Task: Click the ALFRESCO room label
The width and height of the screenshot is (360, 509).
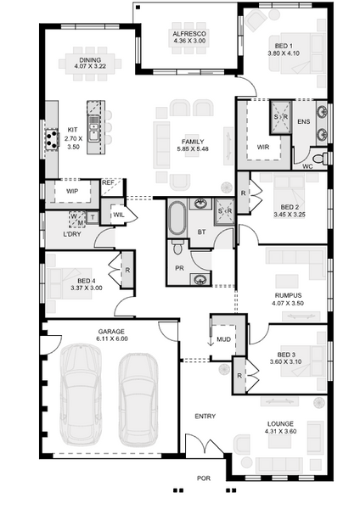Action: click(x=189, y=34)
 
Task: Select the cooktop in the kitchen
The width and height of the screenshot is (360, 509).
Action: click(x=52, y=139)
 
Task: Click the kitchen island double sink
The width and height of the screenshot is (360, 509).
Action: click(x=94, y=128)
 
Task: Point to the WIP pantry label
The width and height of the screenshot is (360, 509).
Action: click(x=72, y=191)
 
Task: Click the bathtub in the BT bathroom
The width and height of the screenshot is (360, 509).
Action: click(x=177, y=219)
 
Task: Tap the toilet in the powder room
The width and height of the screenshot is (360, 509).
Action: click(x=177, y=248)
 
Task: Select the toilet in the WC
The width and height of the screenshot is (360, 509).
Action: click(x=320, y=159)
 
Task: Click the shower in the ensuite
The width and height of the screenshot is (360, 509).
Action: click(x=280, y=116)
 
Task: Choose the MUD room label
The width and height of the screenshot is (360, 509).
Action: click(x=223, y=339)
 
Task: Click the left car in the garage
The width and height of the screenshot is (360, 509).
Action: click(x=81, y=394)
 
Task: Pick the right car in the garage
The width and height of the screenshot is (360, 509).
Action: click(x=138, y=400)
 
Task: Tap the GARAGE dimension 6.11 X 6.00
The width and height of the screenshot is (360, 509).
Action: click(x=112, y=338)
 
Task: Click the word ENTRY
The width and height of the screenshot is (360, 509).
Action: click(x=205, y=417)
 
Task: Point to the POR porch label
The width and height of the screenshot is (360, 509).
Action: click(x=204, y=478)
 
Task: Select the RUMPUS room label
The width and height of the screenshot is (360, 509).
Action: click(x=288, y=295)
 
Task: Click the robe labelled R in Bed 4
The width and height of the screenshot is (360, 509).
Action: click(x=127, y=270)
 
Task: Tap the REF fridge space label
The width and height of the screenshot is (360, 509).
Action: click(x=108, y=182)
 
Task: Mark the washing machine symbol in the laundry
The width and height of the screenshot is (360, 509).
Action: click(x=77, y=219)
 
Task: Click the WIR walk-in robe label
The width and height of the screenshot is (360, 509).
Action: click(x=263, y=147)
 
